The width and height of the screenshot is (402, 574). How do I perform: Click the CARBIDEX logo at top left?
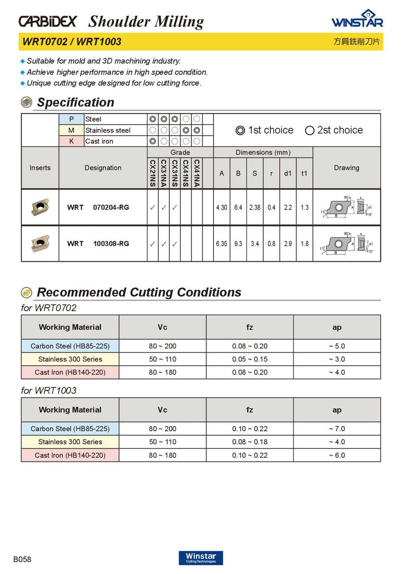click(x=48, y=21)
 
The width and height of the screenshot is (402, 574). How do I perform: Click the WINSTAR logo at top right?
click(x=357, y=19)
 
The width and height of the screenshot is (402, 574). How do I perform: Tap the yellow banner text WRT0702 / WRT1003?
click(x=71, y=42)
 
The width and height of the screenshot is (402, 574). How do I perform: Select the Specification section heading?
click(x=75, y=103)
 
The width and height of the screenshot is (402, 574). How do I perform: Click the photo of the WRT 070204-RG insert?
click(x=40, y=207)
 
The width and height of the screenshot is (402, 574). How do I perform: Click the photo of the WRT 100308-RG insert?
click(x=40, y=243)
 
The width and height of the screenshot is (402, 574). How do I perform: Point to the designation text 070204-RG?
click(x=111, y=207)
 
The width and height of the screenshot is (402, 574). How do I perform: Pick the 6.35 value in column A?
click(x=222, y=244)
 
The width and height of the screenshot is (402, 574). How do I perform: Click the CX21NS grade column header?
click(x=152, y=173)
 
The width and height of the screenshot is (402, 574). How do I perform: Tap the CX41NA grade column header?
click(x=197, y=173)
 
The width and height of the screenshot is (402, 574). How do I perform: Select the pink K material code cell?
click(x=71, y=141)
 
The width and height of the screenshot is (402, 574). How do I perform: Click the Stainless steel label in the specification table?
click(x=108, y=130)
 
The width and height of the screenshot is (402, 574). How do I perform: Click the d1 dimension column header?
click(x=288, y=173)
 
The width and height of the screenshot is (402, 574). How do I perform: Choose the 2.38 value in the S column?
click(x=255, y=208)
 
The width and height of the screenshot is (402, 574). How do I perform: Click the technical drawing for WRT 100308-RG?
click(x=347, y=243)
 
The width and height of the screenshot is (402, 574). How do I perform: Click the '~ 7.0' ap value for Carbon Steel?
click(x=337, y=429)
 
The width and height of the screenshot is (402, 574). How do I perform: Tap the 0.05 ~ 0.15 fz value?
click(x=250, y=359)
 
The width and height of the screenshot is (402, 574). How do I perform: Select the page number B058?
click(x=22, y=559)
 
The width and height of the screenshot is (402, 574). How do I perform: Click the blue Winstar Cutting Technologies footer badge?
click(x=200, y=558)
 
